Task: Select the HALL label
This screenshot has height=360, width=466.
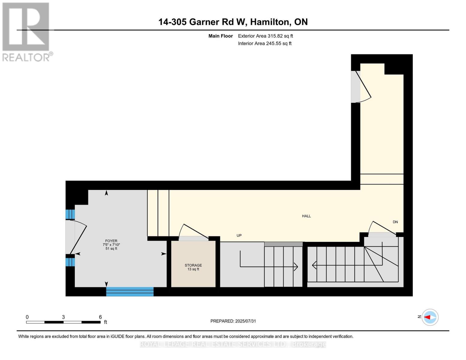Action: coord(306,216)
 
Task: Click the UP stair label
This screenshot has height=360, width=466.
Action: coord(239,235)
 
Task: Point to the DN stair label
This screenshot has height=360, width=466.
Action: coord(395,222)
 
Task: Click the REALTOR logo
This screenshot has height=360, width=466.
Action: coord(26,32)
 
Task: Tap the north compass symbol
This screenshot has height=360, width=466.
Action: coord(430,317)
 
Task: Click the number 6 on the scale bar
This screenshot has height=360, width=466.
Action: coord(100,317)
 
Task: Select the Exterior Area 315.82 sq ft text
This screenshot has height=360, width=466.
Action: coord(265,36)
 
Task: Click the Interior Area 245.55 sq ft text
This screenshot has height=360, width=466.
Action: coord(265,43)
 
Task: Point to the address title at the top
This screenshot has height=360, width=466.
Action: coord(233,22)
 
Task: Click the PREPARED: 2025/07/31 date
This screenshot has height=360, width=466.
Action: coord(233,321)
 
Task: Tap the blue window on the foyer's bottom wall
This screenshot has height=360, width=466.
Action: coord(130,292)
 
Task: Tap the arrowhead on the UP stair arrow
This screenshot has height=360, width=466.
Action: coord(296,266)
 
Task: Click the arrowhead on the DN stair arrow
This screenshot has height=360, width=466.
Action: coord(314,265)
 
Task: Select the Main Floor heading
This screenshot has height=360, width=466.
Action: coord(221,36)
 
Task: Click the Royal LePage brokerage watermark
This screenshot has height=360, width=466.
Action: coord(233,344)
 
